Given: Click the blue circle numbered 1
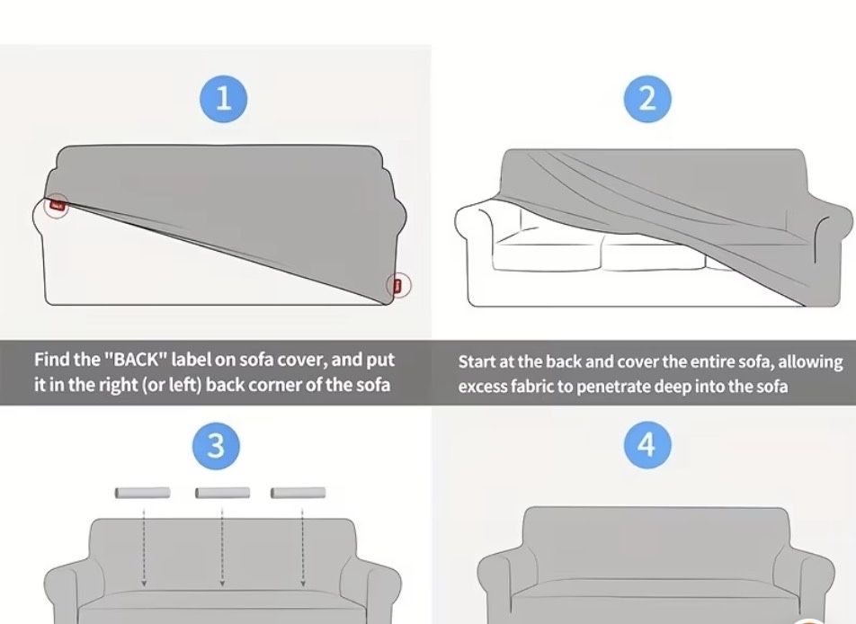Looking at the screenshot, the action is click(223, 99).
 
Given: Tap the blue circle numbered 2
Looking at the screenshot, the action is click(647, 99).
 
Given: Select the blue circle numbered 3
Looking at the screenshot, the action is click(216, 445).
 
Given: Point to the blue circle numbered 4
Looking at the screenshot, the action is click(646, 444).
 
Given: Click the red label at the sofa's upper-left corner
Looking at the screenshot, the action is click(58, 206).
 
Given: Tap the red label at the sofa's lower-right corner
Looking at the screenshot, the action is click(398, 285).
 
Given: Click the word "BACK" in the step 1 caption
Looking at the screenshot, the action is click(134, 360).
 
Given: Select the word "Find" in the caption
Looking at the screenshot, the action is click(52, 360).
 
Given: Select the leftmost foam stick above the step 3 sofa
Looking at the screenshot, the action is click(142, 493).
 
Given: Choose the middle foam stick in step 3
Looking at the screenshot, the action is click(222, 493).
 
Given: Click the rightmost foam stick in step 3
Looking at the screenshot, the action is click(299, 493).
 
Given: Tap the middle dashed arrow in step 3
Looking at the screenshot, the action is click(222, 548).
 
